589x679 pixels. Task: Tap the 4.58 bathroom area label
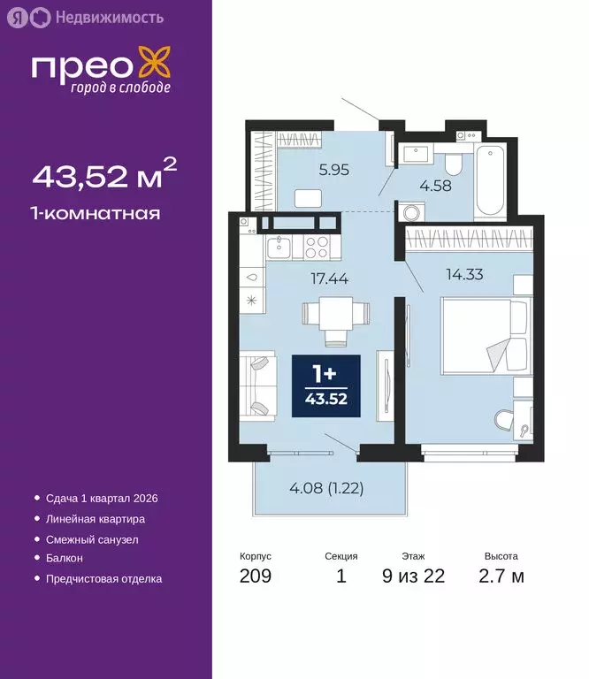click(435, 185)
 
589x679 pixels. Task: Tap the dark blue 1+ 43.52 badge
click(326, 386)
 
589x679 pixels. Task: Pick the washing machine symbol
click(412, 213)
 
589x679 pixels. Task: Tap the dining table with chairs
click(334, 319)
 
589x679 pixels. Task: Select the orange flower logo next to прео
click(157, 67)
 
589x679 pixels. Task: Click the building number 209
click(255, 577)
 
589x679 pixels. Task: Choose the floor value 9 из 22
click(413, 577)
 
